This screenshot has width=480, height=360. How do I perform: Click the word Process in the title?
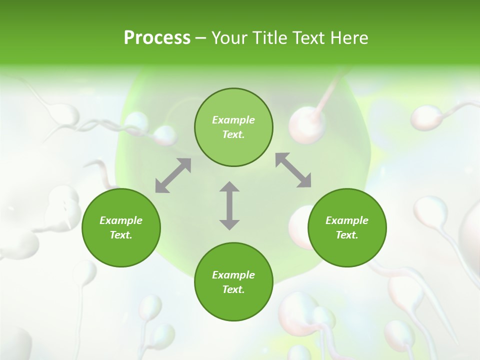click(157, 38)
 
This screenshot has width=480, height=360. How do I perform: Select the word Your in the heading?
click(229, 38)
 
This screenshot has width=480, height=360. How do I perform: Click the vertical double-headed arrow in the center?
click(229, 205)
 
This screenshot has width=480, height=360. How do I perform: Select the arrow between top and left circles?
click(173, 175)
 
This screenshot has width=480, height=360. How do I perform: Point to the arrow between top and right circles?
click(293, 170)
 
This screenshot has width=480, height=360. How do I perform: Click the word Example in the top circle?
click(233, 120)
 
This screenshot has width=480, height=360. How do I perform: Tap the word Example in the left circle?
click(121, 220)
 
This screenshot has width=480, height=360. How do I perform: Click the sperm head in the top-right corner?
click(425, 117)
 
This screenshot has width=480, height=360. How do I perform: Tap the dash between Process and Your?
click(200, 38)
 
